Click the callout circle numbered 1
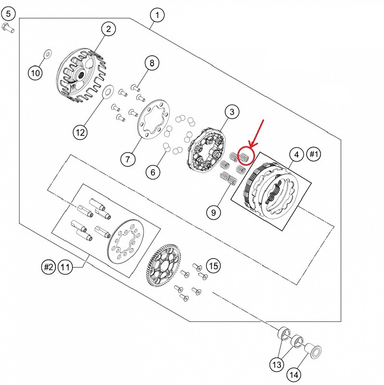tap(157, 15)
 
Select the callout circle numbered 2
tap(109, 29)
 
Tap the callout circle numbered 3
tap(231, 112)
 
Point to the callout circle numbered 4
tap(296, 154)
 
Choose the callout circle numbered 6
tap(153, 172)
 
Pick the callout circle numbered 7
tap(128, 159)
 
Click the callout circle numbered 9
tap(214, 211)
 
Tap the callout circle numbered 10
tap(35, 73)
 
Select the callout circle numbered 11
tap(65, 267)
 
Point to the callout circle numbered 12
tap(81, 131)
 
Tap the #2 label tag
tap(48, 267)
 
